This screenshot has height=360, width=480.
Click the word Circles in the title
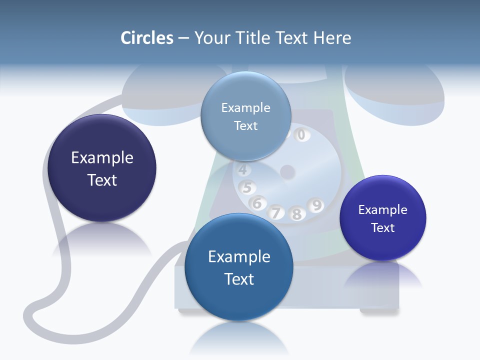[x=146, y=38]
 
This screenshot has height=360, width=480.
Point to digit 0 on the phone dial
[x=301, y=134]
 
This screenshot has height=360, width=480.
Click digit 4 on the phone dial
[x=242, y=170]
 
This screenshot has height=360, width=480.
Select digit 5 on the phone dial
[x=247, y=188]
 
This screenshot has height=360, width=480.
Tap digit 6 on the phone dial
[x=257, y=203]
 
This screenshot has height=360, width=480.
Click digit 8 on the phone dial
[x=296, y=214]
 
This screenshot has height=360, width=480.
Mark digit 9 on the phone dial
[x=316, y=205]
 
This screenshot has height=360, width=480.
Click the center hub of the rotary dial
[x=287, y=172]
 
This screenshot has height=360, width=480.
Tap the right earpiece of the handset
[x=395, y=95]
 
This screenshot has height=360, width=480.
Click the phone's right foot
[x=378, y=311]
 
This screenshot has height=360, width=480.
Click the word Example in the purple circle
[x=382, y=210]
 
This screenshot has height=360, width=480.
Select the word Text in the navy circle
[x=102, y=180]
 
